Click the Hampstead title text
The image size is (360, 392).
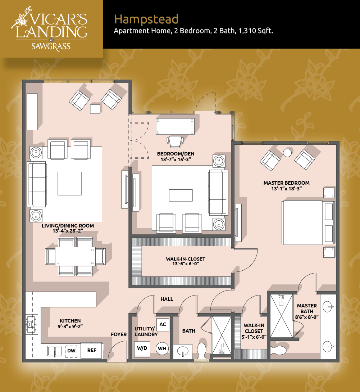tap(146, 19)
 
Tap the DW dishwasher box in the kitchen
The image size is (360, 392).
tap(71, 351)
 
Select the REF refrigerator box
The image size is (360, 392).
tap(92, 351)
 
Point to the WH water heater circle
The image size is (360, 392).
tap(162, 348)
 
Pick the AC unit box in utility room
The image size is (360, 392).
tap(163, 324)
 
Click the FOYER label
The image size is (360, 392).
tap(119, 334)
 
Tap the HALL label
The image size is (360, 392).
tap(167, 299)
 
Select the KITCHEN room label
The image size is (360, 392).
tap(70, 321)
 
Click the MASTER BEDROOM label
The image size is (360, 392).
tap(287, 183)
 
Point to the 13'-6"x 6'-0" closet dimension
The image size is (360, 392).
tap(185, 264)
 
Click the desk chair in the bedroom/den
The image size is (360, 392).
tap(175, 141)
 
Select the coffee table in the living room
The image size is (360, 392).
tap(69, 184)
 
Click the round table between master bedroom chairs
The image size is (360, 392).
tap(287, 153)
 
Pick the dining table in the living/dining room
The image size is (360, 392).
tap(75, 257)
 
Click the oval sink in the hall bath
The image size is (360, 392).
tap(183, 351)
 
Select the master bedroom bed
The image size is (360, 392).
tap(308, 222)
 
